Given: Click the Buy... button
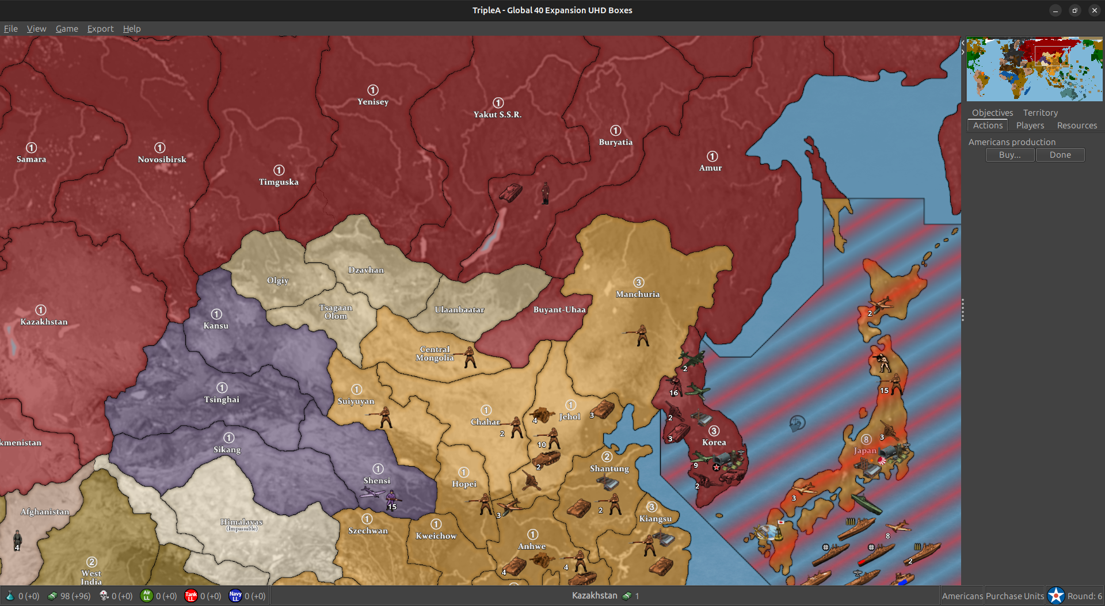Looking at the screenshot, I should (x=1009, y=155).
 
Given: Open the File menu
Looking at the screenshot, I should (x=11, y=29).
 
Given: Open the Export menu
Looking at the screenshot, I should (x=100, y=29).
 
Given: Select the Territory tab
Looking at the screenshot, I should (x=1040, y=113).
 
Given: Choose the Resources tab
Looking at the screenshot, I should (x=1076, y=125).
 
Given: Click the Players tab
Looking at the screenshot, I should (x=1030, y=125).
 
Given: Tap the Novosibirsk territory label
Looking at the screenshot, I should (x=162, y=159).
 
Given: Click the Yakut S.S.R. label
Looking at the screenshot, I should (x=497, y=115).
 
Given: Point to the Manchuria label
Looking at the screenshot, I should (x=638, y=294).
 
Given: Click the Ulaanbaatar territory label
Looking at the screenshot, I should (x=459, y=310).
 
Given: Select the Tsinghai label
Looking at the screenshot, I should (x=222, y=399).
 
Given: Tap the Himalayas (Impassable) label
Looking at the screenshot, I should (x=242, y=523).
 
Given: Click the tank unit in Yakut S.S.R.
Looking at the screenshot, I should (x=510, y=192).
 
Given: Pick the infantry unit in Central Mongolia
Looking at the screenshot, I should (x=469, y=357).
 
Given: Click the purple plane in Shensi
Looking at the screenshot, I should (x=372, y=492).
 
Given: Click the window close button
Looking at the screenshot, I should (x=1094, y=10).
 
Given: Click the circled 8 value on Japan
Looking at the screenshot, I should (x=866, y=440).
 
